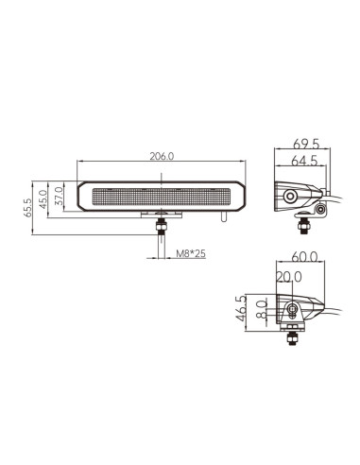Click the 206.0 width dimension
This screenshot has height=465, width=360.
pyautogui.click(x=162, y=157)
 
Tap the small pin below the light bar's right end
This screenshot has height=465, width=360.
pyautogui.click(x=223, y=217)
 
